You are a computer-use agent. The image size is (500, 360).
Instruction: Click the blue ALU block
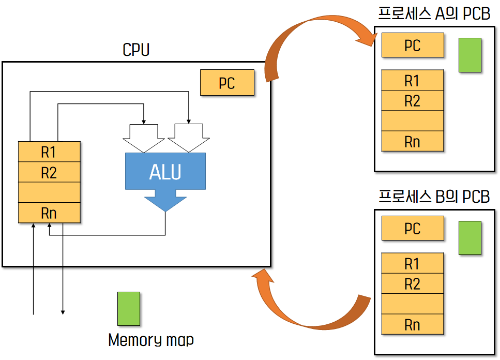pyautogui.click(x=165, y=172)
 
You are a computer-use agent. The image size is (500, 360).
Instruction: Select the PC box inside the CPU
pyautogui.click(x=227, y=83)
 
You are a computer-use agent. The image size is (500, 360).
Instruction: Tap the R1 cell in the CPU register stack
pyautogui.click(x=49, y=152)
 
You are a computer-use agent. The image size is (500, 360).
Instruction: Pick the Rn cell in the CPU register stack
pyautogui.click(x=49, y=213)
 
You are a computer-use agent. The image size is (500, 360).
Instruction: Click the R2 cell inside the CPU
pyautogui.click(x=49, y=172)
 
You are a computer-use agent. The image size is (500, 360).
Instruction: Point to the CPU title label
pyautogui.click(x=136, y=50)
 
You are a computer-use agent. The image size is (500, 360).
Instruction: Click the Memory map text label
pyautogui.click(x=151, y=340)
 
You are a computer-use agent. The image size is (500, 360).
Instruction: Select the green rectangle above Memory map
pyautogui.click(x=129, y=309)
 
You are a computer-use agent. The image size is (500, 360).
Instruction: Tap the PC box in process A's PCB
pyautogui.click(x=413, y=45)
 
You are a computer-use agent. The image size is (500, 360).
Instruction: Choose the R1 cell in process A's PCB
pyautogui.click(x=413, y=80)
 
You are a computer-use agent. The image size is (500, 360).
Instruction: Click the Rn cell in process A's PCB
pyautogui.click(x=413, y=141)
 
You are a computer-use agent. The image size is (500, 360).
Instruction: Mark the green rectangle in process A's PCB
pyautogui.click(x=470, y=55)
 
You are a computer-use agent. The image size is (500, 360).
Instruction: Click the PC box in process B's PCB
pyautogui.click(x=413, y=228)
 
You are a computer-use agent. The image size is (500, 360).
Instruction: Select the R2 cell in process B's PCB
pyautogui.click(x=413, y=283)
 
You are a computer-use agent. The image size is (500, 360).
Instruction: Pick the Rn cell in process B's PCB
pyautogui.click(x=413, y=324)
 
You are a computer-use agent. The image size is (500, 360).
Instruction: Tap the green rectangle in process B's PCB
pyautogui.click(x=470, y=238)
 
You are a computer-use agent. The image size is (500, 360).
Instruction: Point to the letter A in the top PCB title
pyautogui.click(x=440, y=13)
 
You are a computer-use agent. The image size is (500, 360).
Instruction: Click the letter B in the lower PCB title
pyautogui.click(x=441, y=197)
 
